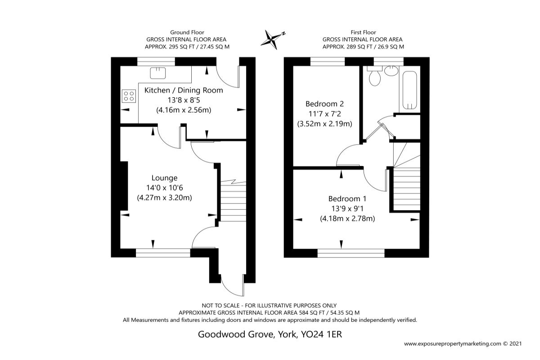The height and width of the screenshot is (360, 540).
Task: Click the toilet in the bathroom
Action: [374, 77]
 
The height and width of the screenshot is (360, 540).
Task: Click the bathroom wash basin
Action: [392, 71]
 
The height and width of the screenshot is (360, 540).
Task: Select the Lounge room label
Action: [164, 178]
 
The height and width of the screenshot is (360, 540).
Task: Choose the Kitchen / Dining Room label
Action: [184, 90]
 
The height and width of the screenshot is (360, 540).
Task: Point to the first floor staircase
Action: [406, 185]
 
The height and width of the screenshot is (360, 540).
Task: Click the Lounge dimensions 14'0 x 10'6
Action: [164, 187]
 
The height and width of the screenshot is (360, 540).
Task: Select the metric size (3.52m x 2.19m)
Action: [324, 123]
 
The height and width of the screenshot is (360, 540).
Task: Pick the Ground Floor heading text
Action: [187, 32]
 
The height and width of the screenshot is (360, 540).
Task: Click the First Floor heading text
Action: [363, 32]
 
